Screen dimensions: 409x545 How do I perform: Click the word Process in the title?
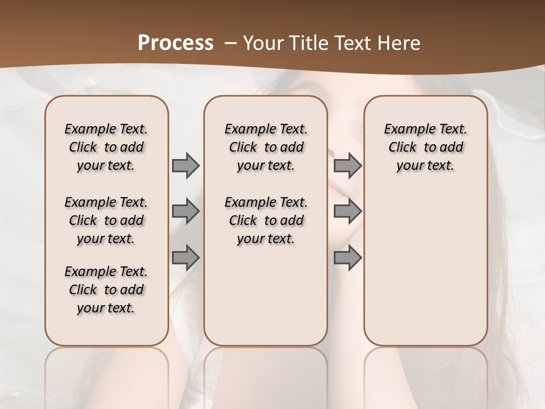tap(175, 43)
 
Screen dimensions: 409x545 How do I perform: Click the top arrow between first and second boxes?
tap(186, 165)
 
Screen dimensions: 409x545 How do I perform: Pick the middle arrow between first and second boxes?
tap(186, 211)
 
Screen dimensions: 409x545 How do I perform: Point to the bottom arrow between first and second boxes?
tap(186, 257)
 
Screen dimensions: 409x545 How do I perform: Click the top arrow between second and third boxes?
tap(347, 165)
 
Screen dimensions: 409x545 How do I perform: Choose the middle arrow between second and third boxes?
tap(347, 211)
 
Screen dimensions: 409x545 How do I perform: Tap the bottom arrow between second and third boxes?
tap(347, 257)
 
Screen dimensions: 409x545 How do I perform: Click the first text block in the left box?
tap(106, 147)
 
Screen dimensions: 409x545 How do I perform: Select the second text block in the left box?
tap(106, 220)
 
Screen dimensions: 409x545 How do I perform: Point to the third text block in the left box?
tap(106, 290)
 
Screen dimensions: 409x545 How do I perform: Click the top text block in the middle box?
tap(266, 147)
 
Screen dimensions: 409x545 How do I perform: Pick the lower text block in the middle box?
tap(266, 220)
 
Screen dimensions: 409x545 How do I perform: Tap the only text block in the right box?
tap(426, 147)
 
